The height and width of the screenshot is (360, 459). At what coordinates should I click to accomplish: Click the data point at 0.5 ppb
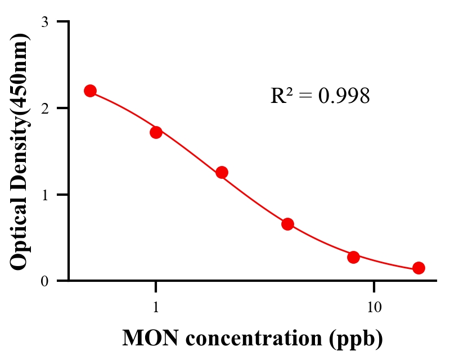click(90, 91)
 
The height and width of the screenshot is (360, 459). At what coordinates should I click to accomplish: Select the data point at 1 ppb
click(156, 132)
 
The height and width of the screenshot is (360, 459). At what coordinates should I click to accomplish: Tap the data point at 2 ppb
click(222, 172)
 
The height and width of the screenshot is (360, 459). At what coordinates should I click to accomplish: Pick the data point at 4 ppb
click(287, 224)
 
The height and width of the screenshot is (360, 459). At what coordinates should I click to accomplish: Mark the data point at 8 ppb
click(353, 257)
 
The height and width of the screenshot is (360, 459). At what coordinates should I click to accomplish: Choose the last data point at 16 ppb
click(418, 268)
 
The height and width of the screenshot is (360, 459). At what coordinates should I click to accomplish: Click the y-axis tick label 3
click(44, 22)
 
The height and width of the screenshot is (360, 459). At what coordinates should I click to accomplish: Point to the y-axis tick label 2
click(44, 108)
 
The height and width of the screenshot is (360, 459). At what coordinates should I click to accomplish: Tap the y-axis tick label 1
click(44, 195)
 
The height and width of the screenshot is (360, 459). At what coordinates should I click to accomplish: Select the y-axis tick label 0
click(44, 281)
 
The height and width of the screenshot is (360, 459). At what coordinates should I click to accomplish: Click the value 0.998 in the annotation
click(344, 96)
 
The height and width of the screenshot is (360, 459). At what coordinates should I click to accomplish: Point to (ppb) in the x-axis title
click(357, 339)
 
